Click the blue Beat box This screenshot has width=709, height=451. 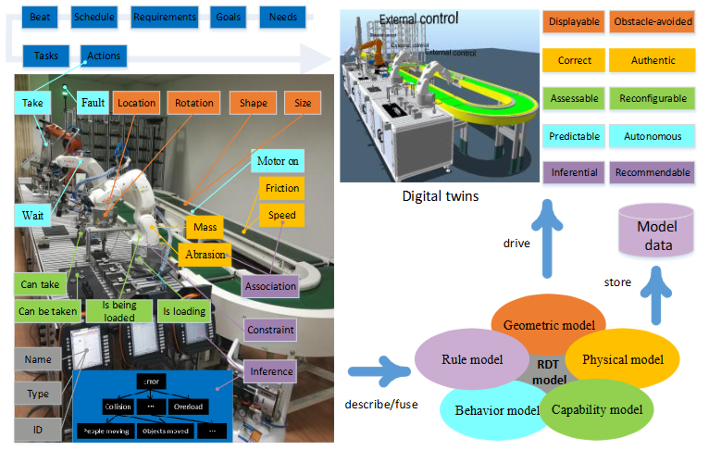40,17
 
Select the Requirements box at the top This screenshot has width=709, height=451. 164,17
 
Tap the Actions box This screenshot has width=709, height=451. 103,56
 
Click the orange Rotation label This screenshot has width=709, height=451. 193,103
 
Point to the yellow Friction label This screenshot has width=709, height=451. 281,188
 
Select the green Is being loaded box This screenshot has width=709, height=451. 117,310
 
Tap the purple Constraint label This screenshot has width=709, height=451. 270,329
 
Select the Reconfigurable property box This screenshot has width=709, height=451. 653,98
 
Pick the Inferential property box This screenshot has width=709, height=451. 574,172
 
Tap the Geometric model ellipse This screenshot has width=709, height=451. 550,323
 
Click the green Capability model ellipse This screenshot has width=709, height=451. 596,408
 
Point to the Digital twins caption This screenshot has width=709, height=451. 440,196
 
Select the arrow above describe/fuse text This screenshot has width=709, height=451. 379,375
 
